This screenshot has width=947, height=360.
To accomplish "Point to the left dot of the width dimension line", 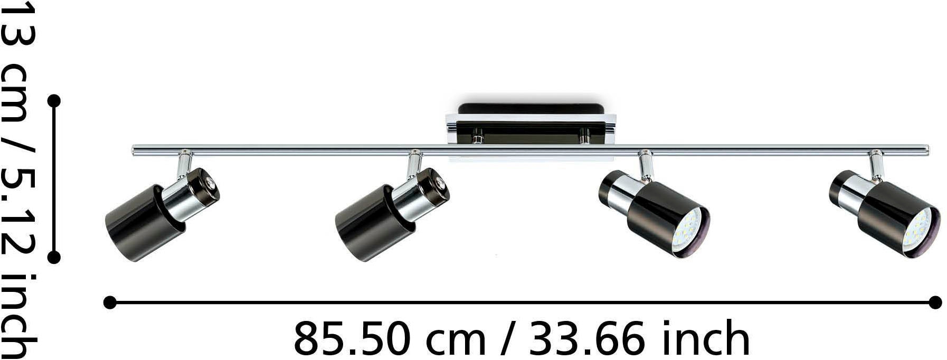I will point(110,302).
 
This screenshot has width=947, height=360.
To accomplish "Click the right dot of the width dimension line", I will point(935,302).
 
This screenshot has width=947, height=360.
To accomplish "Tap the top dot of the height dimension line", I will point(54,100).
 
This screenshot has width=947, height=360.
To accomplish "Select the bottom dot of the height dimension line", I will point(54,257).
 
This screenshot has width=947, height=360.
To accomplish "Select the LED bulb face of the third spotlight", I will point(692,230).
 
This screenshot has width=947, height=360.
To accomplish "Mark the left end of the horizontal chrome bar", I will point(134,150).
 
